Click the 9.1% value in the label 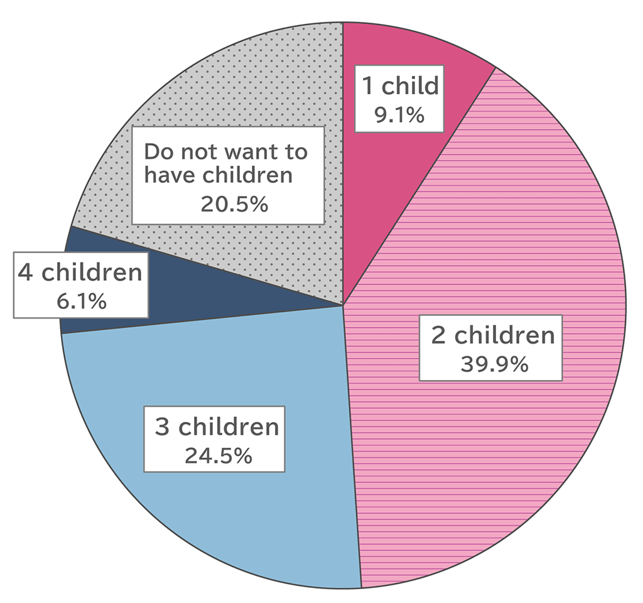tap(399, 114)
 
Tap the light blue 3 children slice tap(251, 515)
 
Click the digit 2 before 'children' tap(438, 335)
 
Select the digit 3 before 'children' tap(163, 427)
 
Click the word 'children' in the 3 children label tap(228, 427)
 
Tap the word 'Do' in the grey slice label tap(155, 152)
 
